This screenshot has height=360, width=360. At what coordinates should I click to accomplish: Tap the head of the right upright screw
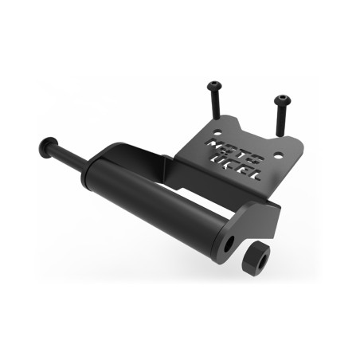click(x=281, y=100)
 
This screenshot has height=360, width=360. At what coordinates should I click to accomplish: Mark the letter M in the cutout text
click(x=214, y=142)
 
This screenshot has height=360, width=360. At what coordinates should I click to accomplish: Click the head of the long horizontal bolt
click(x=45, y=149)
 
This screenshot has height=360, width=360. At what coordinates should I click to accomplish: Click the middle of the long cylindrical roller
click(x=159, y=199)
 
